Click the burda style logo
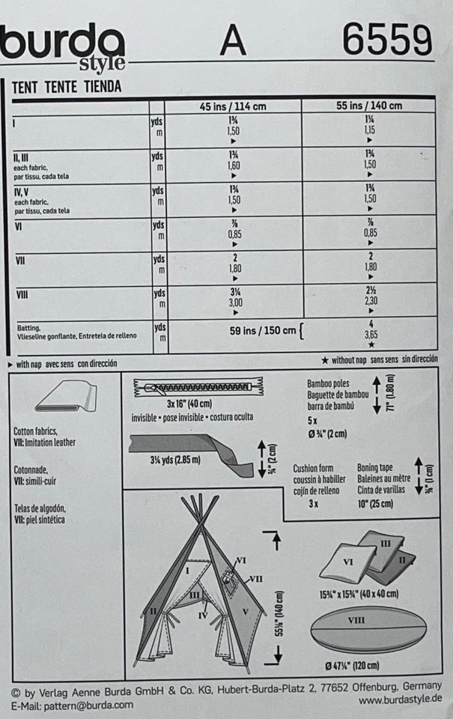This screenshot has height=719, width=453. point(64,45)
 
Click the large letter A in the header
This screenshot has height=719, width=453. point(233,42)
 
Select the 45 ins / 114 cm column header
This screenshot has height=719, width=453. point(233,106)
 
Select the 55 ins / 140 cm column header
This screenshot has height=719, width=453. point(369,106)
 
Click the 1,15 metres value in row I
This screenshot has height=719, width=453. point(369,130)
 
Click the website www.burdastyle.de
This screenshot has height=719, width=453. point(400,700)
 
